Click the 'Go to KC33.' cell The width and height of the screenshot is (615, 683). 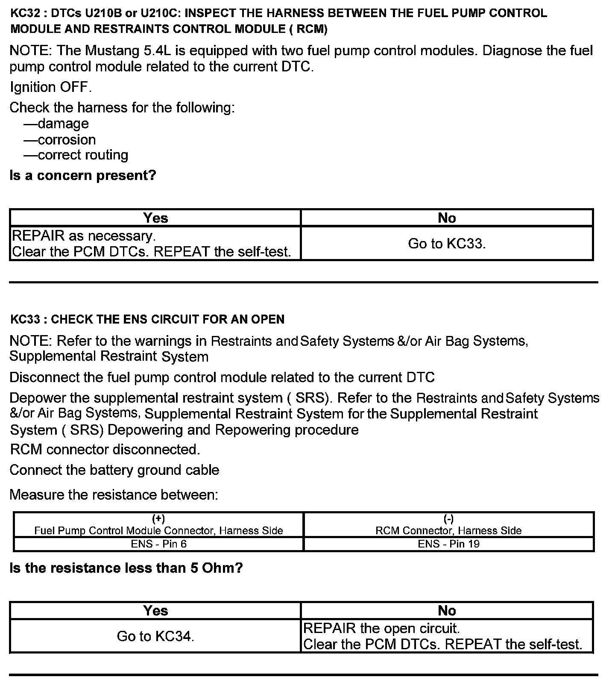(x=447, y=244)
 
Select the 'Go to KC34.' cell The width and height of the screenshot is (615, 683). (x=155, y=636)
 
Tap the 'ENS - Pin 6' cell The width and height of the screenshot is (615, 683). (x=158, y=544)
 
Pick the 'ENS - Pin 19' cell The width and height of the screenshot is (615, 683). (x=448, y=544)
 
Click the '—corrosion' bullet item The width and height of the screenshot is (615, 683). (x=60, y=140)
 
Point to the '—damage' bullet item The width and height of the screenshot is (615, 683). (x=56, y=124)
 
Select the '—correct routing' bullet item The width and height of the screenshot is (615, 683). (x=76, y=155)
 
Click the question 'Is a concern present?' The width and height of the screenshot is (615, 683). (x=83, y=175)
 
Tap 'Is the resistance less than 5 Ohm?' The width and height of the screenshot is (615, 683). (x=126, y=568)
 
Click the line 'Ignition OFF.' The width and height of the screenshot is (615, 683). (x=50, y=87)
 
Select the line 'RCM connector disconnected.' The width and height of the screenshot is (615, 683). (x=105, y=450)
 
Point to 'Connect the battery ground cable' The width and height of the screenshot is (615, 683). (x=114, y=470)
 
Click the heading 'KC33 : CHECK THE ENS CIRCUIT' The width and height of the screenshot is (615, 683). (x=147, y=319)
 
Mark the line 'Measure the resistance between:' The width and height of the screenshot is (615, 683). (x=114, y=495)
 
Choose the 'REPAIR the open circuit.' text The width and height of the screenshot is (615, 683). (x=381, y=628)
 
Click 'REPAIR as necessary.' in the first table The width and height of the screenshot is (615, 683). (x=84, y=236)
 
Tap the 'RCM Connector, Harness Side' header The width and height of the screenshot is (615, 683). (x=448, y=530)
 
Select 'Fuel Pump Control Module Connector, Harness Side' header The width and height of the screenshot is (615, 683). (x=158, y=530)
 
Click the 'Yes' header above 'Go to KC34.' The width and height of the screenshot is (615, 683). (x=155, y=611)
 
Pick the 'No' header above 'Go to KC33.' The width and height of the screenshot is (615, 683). (x=447, y=218)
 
